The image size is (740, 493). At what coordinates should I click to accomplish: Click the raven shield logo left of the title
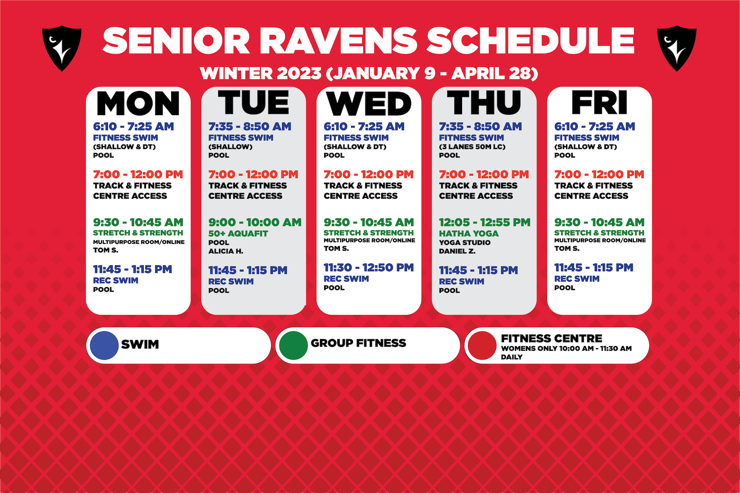62,48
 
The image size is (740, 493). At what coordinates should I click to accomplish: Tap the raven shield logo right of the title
677,48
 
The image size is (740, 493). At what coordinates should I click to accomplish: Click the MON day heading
138,103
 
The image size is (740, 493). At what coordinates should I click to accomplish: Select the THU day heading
484,102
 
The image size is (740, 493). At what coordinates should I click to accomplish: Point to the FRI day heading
599,102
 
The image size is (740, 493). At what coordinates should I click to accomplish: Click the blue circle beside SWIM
104,345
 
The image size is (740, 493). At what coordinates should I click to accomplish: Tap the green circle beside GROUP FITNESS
293,345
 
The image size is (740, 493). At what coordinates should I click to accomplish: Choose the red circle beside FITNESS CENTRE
482,345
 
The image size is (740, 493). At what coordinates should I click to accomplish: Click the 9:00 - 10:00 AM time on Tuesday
255,222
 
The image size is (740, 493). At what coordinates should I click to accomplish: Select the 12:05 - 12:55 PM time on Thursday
484,222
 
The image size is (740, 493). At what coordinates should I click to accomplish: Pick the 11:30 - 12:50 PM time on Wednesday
368,267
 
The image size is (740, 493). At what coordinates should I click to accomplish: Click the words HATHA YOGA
469,233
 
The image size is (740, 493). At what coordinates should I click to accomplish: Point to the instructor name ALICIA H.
226,251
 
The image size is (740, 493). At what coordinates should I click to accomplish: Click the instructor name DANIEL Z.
457,251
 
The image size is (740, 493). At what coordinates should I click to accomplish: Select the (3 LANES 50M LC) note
472,147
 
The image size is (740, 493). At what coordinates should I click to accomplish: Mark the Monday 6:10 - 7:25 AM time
133,126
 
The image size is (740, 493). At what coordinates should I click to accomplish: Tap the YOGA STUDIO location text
465,243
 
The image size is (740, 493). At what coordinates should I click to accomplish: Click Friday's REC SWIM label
577,278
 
